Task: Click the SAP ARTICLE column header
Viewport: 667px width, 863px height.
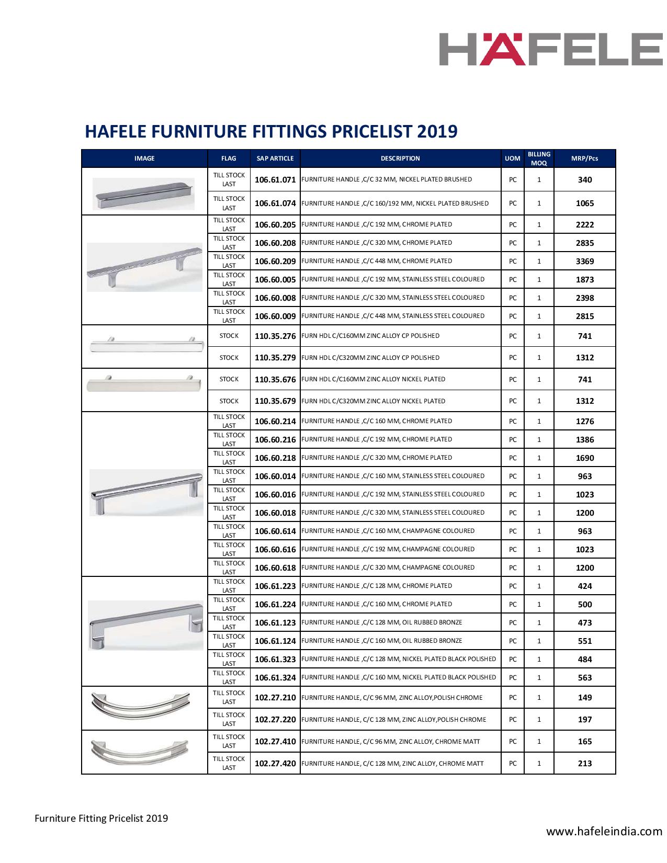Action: tap(275, 158)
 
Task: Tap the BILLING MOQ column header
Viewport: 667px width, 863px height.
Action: tap(539, 158)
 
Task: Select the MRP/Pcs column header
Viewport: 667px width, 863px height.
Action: tap(584, 158)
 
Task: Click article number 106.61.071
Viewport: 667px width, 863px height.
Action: tap(275, 180)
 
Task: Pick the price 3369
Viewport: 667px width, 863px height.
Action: tap(584, 262)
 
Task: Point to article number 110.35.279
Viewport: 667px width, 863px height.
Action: tap(275, 358)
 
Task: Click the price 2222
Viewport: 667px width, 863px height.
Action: tap(584, 225)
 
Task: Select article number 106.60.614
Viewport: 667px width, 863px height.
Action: tap(275, 531)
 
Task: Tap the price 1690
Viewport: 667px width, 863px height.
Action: tap(584, 458)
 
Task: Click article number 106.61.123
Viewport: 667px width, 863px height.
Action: tap(275, 623)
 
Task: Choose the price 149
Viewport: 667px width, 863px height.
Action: tap(584, 698)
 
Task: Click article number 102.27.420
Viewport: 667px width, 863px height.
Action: tap(275, 764)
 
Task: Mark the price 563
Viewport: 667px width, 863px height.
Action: tap(584, 678)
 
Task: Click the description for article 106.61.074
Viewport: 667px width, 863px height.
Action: tap(395, 203)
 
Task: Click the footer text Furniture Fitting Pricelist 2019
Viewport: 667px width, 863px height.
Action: tap(101, 818)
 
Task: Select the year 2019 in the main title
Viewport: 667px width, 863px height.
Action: tap(437, 131)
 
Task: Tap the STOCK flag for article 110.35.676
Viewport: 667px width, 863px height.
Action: tap(229, 379)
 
